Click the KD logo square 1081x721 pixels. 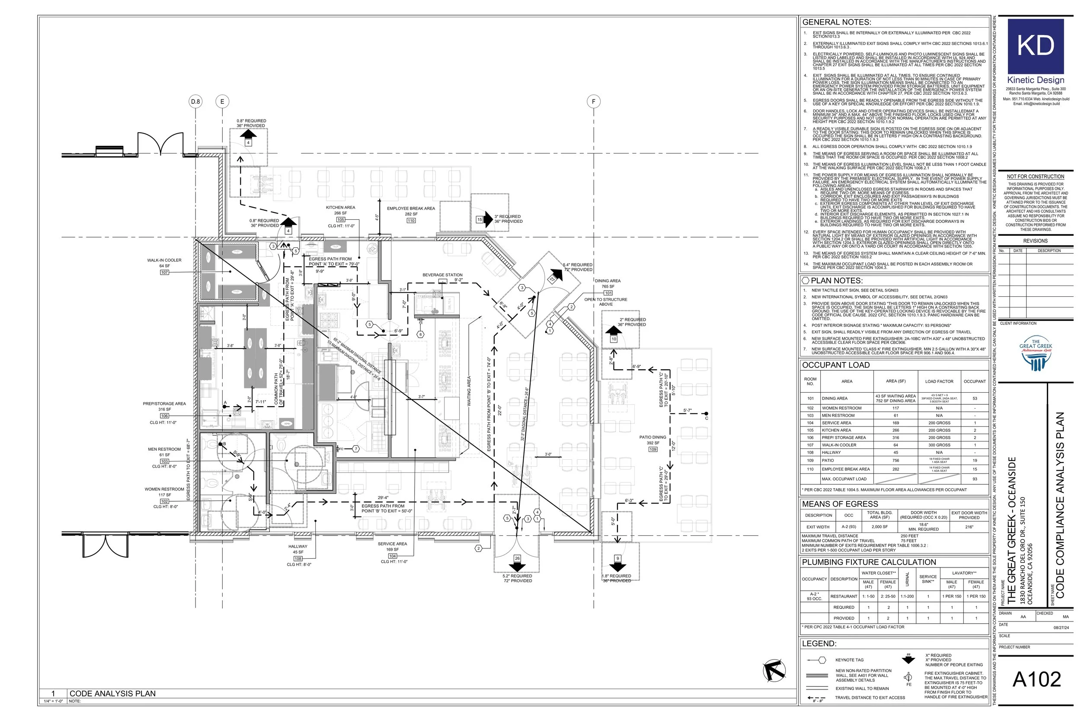(1036, 46)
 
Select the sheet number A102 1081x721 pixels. (1036, 679)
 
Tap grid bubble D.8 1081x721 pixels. (196, 102)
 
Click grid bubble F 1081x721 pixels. (593, 102)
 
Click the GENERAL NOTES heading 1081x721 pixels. (837, 22)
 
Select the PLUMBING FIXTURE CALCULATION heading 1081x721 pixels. (869, 562)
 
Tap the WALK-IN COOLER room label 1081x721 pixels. (164, 260)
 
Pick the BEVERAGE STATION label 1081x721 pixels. (443, 275)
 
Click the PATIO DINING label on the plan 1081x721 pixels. (652, 437)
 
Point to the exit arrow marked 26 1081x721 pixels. (517, 564)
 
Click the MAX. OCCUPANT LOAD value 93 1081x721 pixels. (974, 479)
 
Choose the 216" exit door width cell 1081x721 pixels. (969, 527)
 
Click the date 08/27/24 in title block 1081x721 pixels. (1061, 628)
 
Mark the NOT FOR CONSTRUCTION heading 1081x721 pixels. (1036, 176)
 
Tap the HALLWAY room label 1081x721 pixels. (298, 547)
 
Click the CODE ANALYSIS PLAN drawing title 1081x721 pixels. (112, 693)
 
